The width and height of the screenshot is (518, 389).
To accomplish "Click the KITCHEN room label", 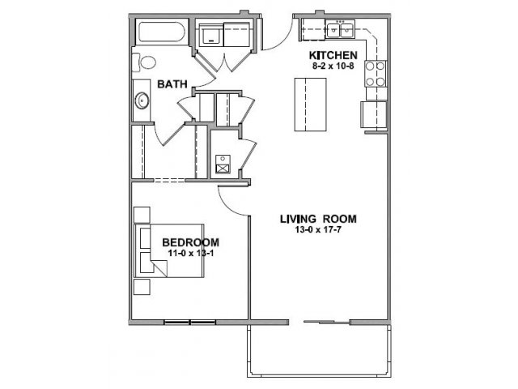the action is (333, 55).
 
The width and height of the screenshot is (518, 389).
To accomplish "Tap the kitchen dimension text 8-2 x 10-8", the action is (333, 66).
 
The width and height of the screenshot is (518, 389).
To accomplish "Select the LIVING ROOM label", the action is (318, 219).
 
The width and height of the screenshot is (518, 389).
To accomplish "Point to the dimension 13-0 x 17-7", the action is (318, 229).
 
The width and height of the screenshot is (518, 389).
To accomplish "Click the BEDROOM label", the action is (191, 242).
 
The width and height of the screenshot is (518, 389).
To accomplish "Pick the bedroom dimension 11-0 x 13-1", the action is (191, 253).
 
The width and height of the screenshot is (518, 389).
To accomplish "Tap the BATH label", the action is (172, 84).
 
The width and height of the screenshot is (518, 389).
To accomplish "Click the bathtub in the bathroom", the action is (161, 32).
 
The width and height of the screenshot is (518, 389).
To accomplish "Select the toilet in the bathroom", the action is (144, 62).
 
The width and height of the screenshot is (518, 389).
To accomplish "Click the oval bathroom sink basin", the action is (142, 100).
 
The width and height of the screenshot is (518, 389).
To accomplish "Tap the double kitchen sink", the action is (340, 29).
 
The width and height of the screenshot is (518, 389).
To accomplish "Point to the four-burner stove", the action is (376, 74).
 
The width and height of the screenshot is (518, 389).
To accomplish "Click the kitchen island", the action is (311, 105).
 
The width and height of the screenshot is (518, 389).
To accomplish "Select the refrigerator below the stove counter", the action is (374, 114).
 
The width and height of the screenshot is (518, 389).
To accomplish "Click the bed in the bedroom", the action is (169, 250).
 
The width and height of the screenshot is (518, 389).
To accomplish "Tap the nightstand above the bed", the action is (142, 215).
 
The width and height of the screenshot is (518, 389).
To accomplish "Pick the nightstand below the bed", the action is (142, 287).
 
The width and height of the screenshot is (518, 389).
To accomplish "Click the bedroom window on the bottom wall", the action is (190, 322).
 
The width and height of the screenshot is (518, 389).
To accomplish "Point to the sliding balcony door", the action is (326, 322).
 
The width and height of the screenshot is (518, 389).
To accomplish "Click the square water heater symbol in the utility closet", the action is (223, 164).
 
